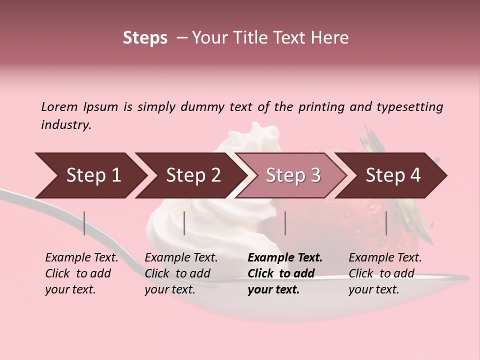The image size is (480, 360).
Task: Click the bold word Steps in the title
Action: pos(145,38)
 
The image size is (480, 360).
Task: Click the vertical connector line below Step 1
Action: pos(84,223)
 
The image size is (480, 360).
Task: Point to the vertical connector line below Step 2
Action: pos(184,223)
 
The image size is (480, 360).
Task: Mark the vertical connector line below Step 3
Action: pos(285,223)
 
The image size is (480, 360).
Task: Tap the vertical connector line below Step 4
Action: pos(386,223)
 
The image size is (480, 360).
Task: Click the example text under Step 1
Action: pos(81,273)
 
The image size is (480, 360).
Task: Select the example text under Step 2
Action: pos(181,273)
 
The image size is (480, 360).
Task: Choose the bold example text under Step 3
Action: pos(285,273)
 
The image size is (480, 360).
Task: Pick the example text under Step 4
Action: pos(385,273)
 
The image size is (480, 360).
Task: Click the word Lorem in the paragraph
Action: pos(59,106)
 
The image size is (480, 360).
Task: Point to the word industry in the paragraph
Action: pos(66,125)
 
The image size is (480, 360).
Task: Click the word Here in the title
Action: pos(330,38)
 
